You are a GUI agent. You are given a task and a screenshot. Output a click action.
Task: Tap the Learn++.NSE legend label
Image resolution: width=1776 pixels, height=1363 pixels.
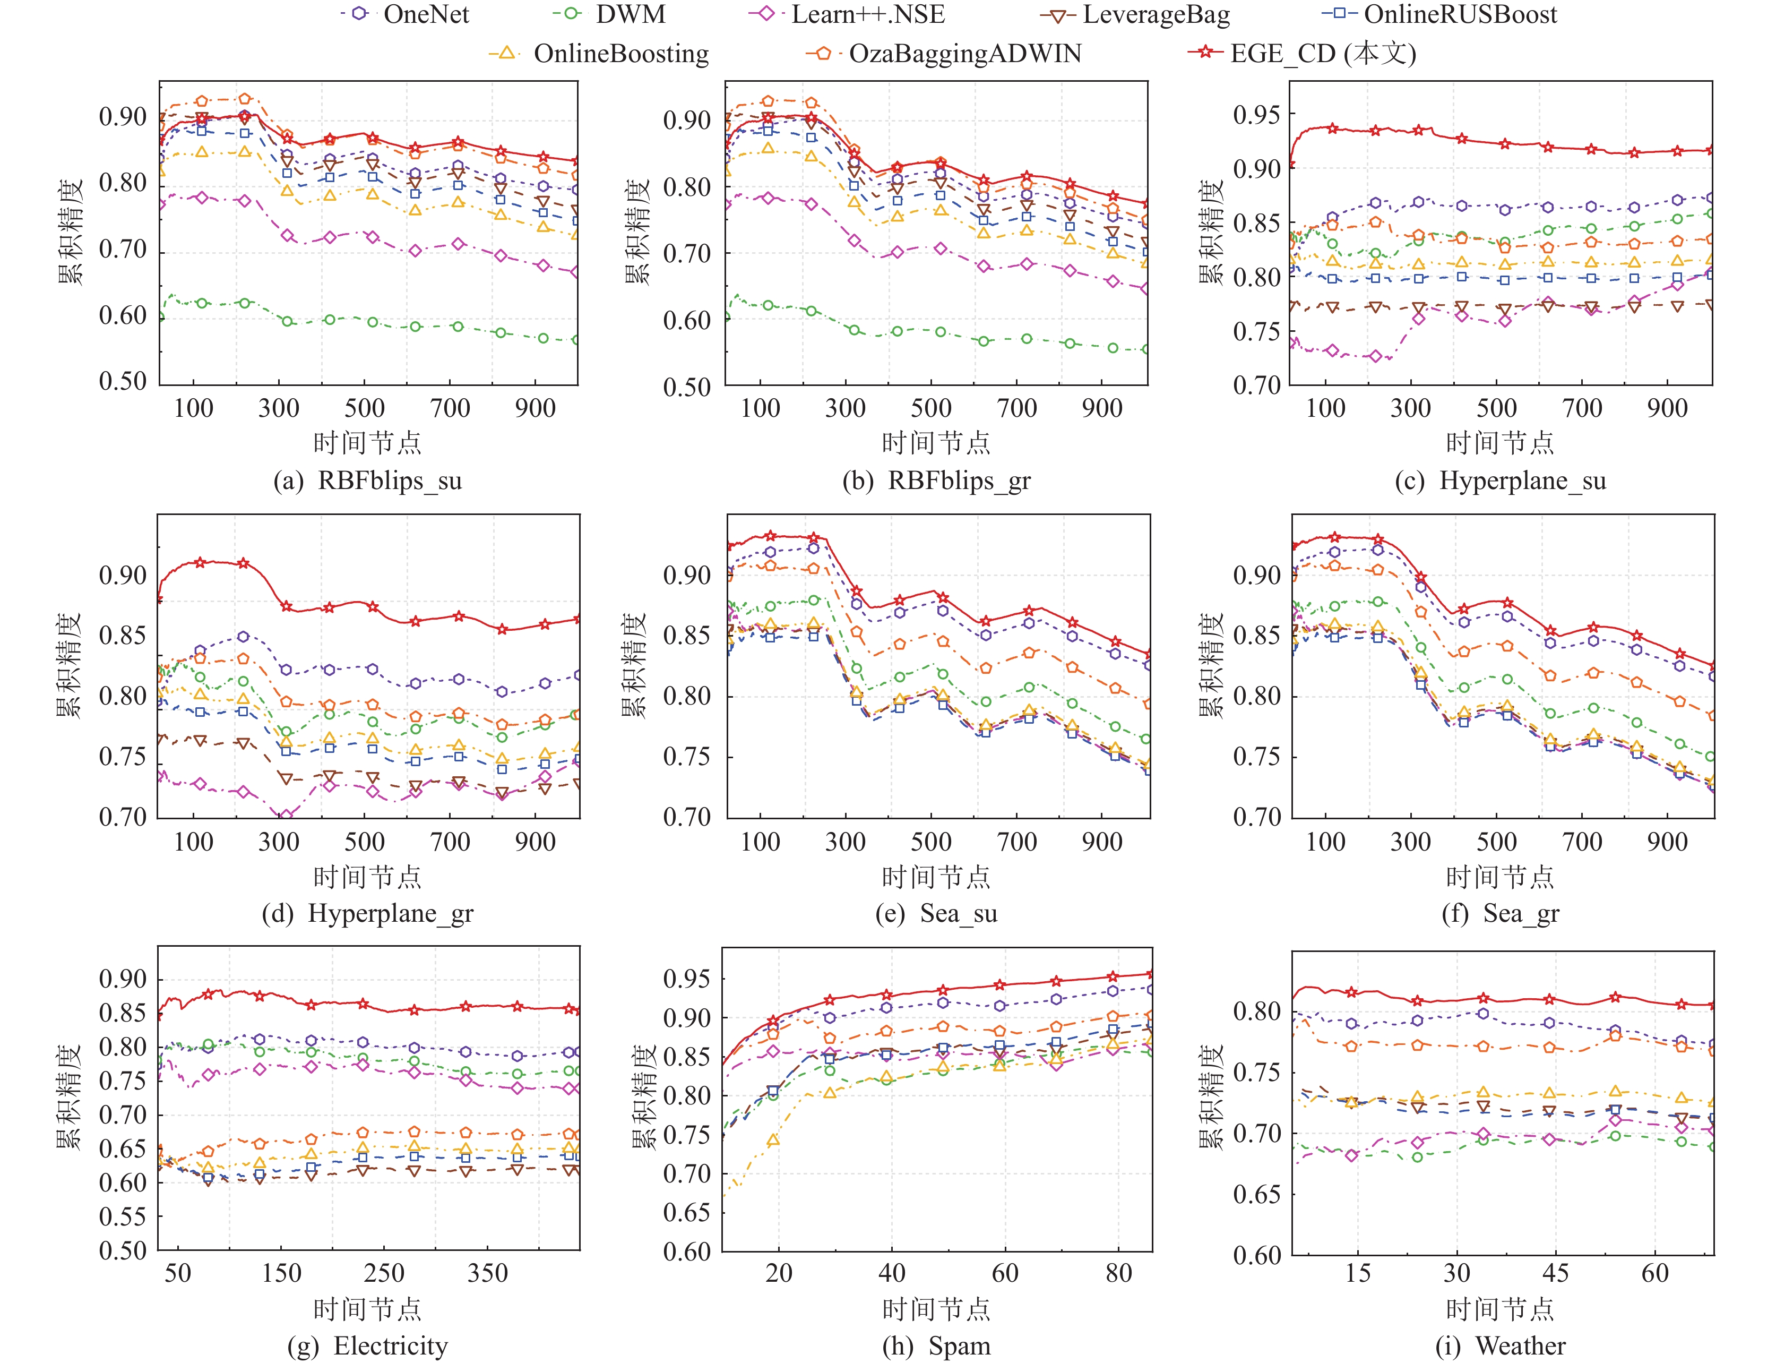868,15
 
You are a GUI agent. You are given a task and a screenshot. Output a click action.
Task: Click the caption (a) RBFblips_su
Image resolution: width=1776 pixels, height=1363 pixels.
367,481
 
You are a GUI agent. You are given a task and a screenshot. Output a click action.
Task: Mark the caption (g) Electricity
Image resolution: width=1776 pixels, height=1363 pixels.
367,1346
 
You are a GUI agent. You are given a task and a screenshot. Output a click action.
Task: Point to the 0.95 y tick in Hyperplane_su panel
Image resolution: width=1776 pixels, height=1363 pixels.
1256,115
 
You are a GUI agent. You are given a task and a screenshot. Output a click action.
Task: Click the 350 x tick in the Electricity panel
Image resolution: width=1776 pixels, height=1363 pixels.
487,1272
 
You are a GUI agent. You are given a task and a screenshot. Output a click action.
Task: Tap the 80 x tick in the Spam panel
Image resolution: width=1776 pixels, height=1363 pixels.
1118,1272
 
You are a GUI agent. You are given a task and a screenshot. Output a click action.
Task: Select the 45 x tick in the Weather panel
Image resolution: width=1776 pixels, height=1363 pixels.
1555,1272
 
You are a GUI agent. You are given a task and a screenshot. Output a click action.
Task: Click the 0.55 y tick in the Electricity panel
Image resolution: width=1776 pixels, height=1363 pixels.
123,1217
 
